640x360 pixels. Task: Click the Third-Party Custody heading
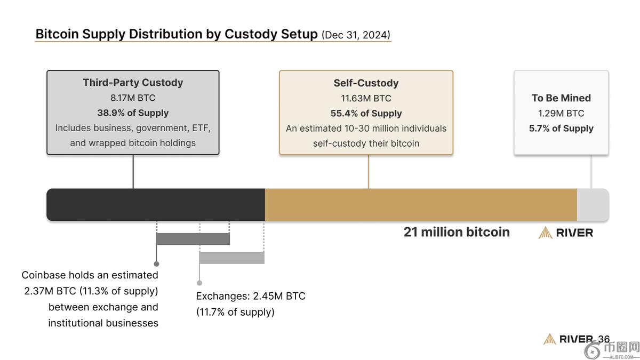pos(133,83)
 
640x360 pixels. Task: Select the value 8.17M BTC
pos(133,98)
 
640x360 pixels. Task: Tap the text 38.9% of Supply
pos(133,113)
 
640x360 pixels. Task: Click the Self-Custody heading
pos(366,83)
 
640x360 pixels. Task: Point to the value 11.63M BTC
pos(366,98)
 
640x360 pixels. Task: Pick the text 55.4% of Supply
pos(366,113)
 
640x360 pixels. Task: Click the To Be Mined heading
pos(561,98)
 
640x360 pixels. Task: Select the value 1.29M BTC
pos(561,113)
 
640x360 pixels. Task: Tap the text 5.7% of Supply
pos(561,128)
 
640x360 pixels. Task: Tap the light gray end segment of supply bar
pos(593,204)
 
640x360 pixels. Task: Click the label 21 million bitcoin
pos(457,232)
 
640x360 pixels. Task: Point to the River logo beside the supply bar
pos(566,233)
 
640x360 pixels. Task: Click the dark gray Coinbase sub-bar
pos(193,238)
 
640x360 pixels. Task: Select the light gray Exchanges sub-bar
pos(231,258)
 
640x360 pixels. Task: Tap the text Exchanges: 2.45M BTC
pos(251,296)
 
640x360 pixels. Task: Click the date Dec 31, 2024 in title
pos(356,35)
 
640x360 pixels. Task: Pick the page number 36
pos(604,339)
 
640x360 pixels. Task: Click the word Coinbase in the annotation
pos(44,275)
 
